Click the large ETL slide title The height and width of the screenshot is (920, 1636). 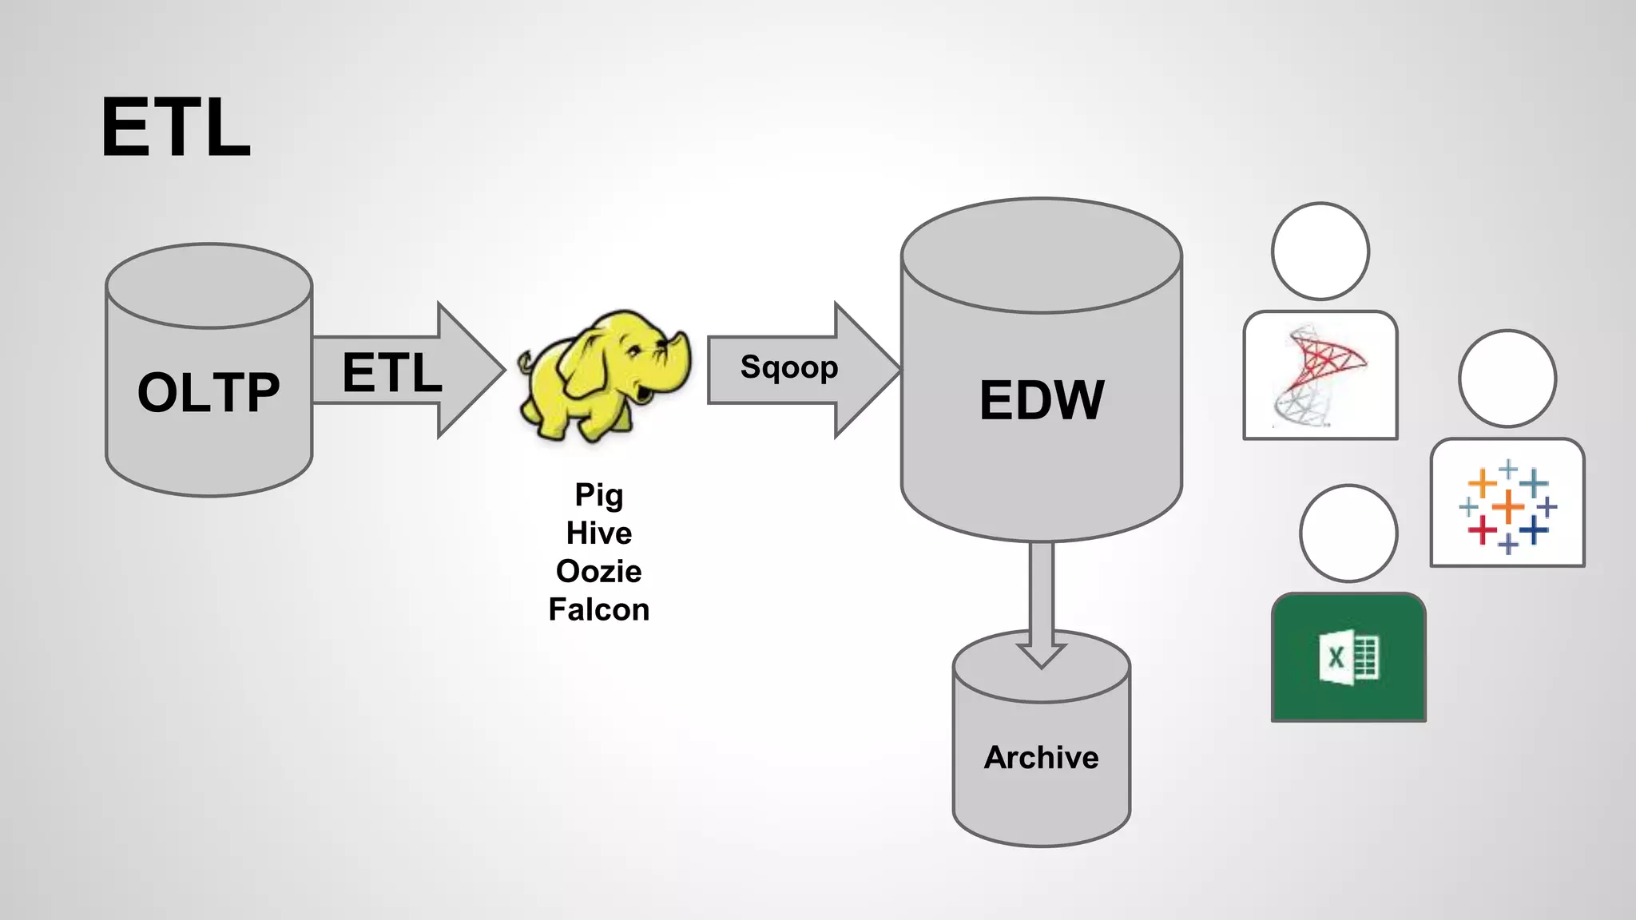click(x=176, y=128)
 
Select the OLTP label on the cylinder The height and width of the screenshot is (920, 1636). click(x=208, y=392)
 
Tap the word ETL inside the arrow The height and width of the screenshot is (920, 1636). click(x=391, y=373)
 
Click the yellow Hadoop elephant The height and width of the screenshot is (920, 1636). click(x=599, y=375)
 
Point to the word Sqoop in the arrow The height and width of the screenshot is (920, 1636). click(x=789, y=367)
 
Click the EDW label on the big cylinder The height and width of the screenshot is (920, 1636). click(x=1042, y=400)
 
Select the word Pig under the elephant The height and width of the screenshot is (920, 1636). click(x=599, y=495)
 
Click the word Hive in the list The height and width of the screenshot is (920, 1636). click(x=599, y=533)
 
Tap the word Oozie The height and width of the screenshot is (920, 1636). click(x=599, y=571)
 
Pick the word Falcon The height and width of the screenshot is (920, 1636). click(x=599, y=609)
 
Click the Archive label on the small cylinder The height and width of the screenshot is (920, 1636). click(x=1041, y=757)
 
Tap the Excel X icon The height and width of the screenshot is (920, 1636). click(x=1348, y=657)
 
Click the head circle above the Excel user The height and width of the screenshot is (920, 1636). click(x=1348, y=533)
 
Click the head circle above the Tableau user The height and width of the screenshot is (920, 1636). click(x=1507, y=379)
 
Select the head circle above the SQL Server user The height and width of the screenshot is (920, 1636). click(x=1320, y=251)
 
